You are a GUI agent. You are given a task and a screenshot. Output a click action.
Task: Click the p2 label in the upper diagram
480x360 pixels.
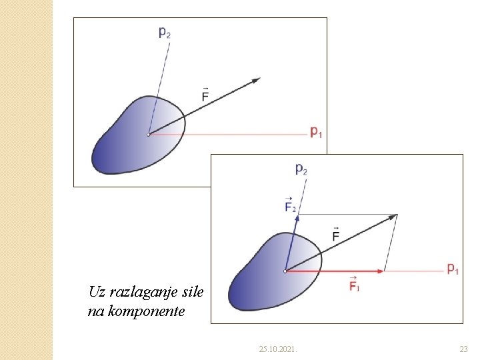[164, 31]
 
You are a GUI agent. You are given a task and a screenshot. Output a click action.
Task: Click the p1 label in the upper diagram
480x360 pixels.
[316, 132]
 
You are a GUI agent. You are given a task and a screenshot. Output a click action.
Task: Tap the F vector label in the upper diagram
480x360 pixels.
[205, 95]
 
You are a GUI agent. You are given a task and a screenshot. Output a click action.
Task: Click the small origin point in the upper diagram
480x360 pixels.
[149, 135]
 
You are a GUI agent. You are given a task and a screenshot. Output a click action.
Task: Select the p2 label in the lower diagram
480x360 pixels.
[301, 169]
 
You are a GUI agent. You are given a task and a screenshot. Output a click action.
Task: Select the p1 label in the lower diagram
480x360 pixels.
[453, 269]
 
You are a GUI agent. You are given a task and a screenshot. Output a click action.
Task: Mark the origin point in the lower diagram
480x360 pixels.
[285, 271]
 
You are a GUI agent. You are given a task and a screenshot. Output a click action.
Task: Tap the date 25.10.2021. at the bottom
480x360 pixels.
[279, 349]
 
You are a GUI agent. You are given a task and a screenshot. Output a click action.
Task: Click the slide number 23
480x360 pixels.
[464, 349]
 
